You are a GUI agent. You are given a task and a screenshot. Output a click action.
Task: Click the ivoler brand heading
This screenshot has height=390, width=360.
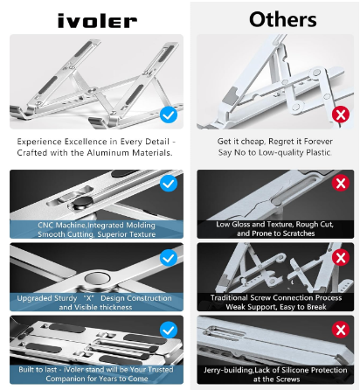95,19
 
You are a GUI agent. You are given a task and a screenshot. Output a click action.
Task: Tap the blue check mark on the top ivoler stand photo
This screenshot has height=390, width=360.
169,114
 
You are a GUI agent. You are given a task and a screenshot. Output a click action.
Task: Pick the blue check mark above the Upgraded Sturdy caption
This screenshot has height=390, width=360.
169,258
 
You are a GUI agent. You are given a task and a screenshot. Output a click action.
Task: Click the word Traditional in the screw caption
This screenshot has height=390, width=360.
229,297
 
